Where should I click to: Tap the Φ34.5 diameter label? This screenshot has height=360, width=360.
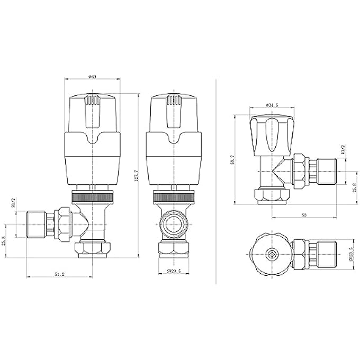tap(272, 105)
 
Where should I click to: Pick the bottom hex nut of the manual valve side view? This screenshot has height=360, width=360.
tap(272, 197)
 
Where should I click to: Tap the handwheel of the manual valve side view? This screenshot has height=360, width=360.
tap(272, 133)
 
